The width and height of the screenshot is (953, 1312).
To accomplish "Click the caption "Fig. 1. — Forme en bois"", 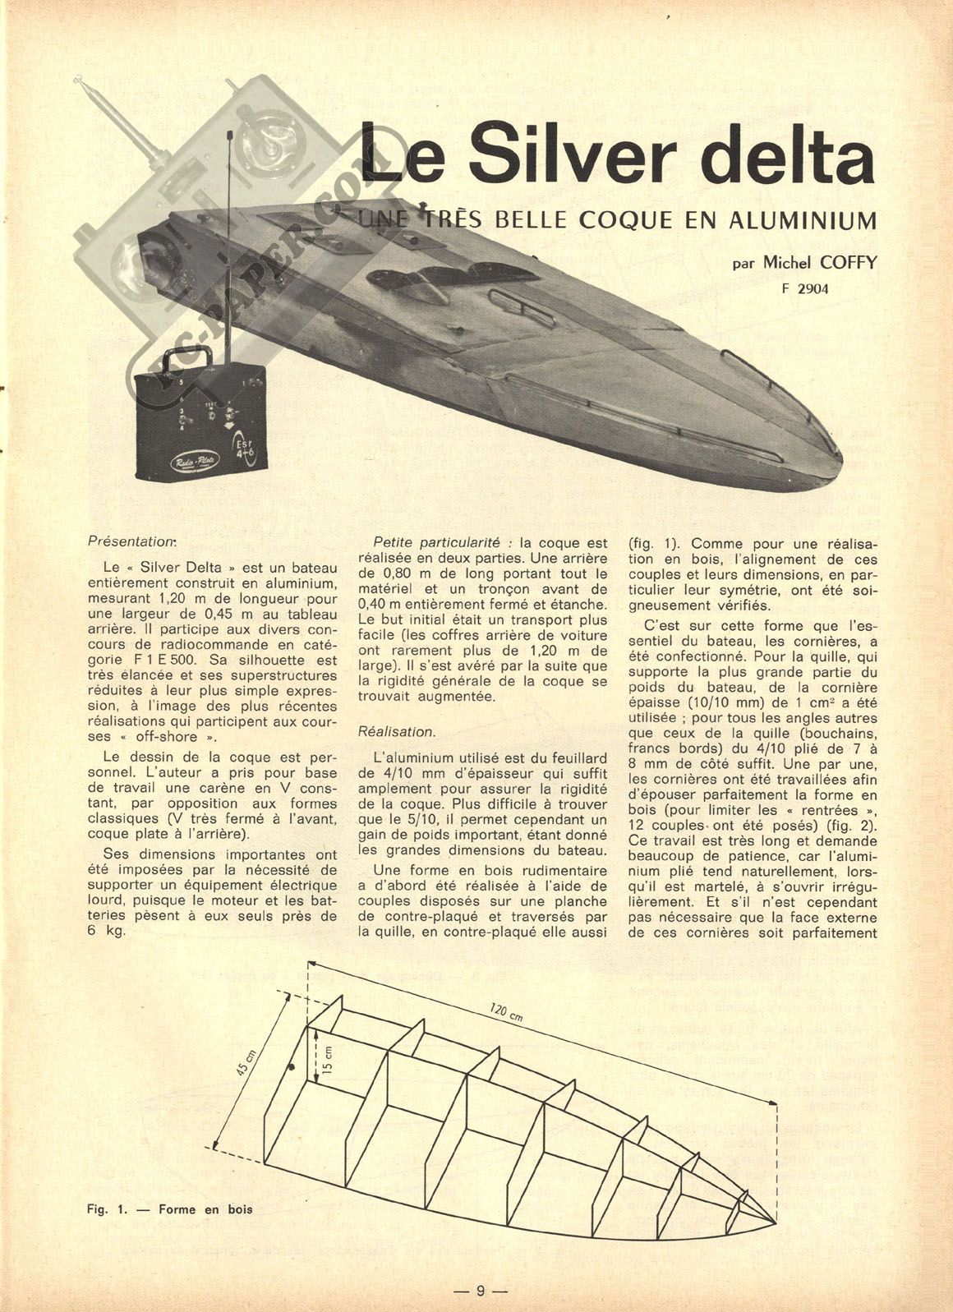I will point(168,1208).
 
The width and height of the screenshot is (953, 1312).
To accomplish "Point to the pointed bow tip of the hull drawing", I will point(775,1219).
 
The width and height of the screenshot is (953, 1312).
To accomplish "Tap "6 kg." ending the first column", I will point(107,932).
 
